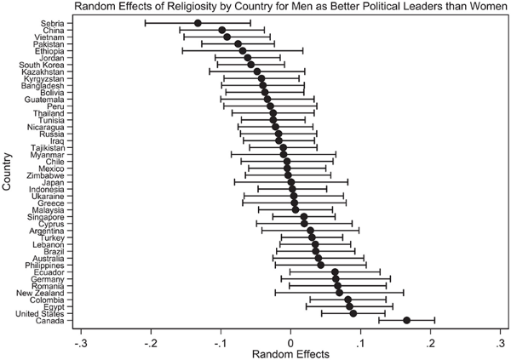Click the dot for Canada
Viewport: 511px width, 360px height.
point(406,320)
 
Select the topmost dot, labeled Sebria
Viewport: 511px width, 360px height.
point(198,23)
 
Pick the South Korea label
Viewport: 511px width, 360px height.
point(48,65)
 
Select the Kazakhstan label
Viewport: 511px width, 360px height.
point(49,72)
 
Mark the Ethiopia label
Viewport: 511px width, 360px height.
point(55,50)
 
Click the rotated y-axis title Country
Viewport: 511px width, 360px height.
point(8,171)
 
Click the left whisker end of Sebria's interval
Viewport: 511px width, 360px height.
point(145,23)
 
